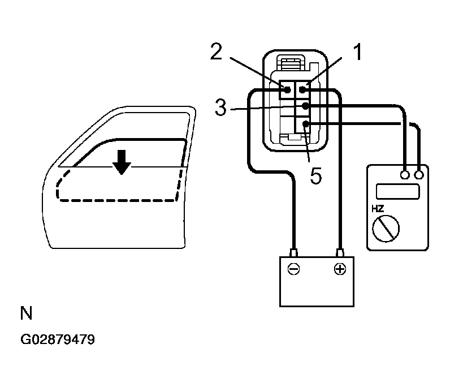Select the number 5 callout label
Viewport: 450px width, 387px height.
(316, 176)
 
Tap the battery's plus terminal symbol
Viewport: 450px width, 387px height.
(339, 269)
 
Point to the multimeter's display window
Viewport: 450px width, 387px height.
(397, 191)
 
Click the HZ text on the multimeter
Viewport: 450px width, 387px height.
(378, 209)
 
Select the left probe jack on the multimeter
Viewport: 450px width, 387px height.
(405, 175)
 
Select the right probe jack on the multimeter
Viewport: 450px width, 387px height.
(419, 175)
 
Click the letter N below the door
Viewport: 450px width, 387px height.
(25, 313)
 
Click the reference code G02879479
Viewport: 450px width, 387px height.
(58, 340)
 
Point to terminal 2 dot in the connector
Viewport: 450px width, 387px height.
(288, 89)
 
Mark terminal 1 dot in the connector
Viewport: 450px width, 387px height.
(304, 89)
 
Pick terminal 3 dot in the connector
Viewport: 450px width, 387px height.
(305, 106)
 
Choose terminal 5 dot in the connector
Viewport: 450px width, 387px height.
(305, 124)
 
